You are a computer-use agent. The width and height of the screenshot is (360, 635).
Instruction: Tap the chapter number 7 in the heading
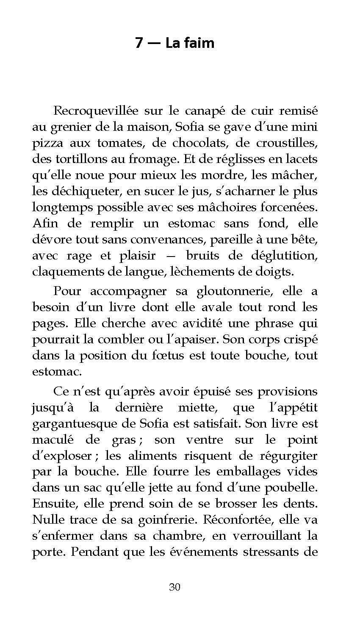139,43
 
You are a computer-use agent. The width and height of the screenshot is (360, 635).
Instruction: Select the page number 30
175,587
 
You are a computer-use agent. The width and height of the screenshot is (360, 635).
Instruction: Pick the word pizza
46,143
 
